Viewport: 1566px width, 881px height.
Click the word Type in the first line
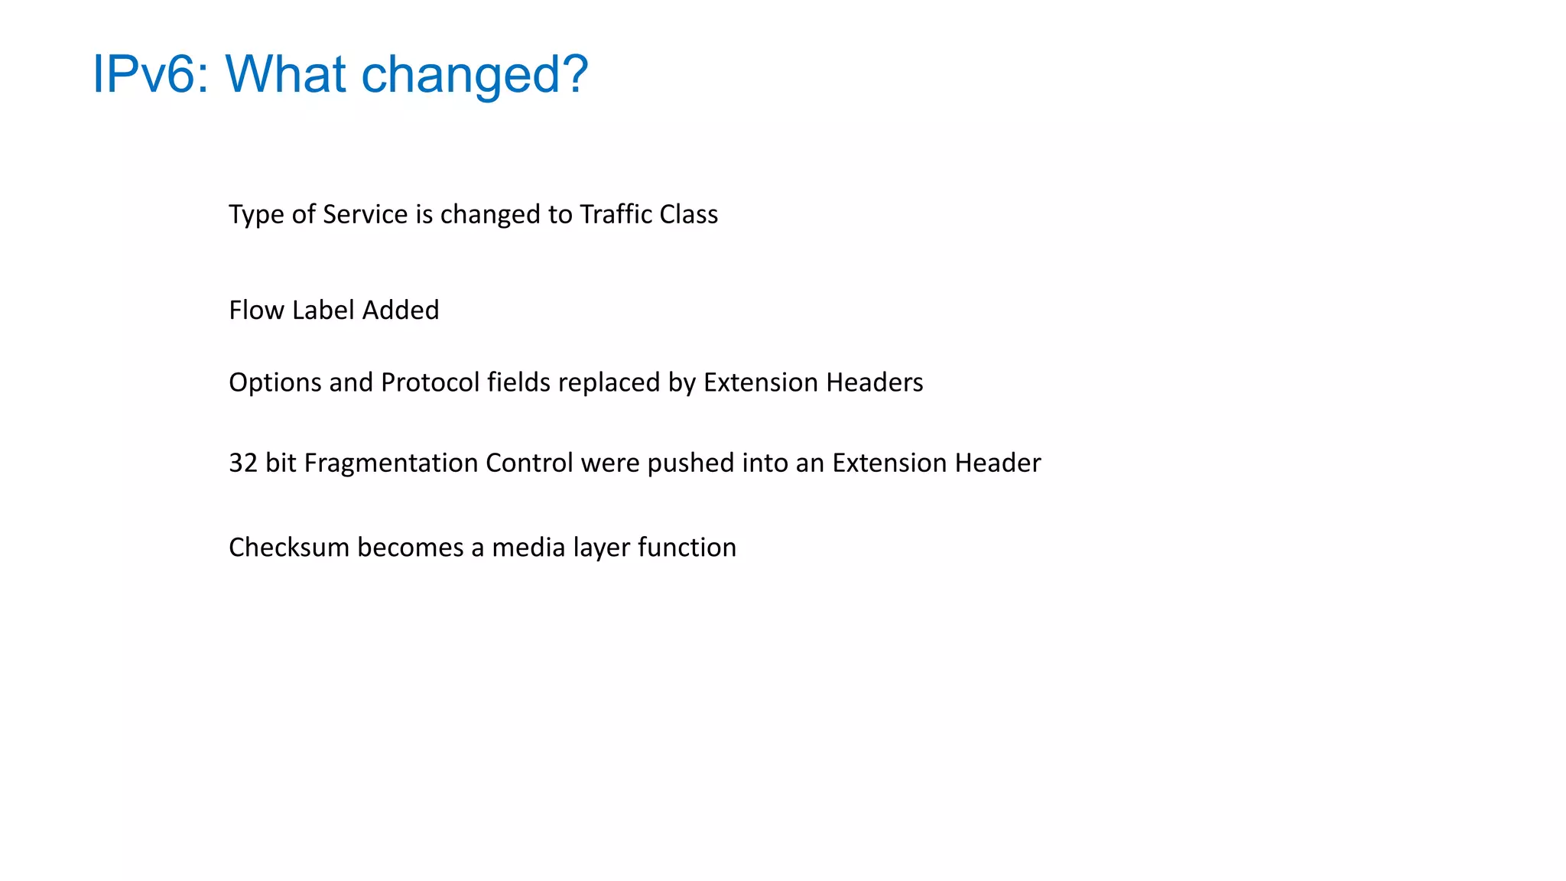(x=256, y=215)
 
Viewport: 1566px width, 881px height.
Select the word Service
(x=365, y=214)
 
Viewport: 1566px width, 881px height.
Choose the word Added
(x=401, y=310)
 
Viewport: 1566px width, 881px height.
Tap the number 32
(x=243, y=463)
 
